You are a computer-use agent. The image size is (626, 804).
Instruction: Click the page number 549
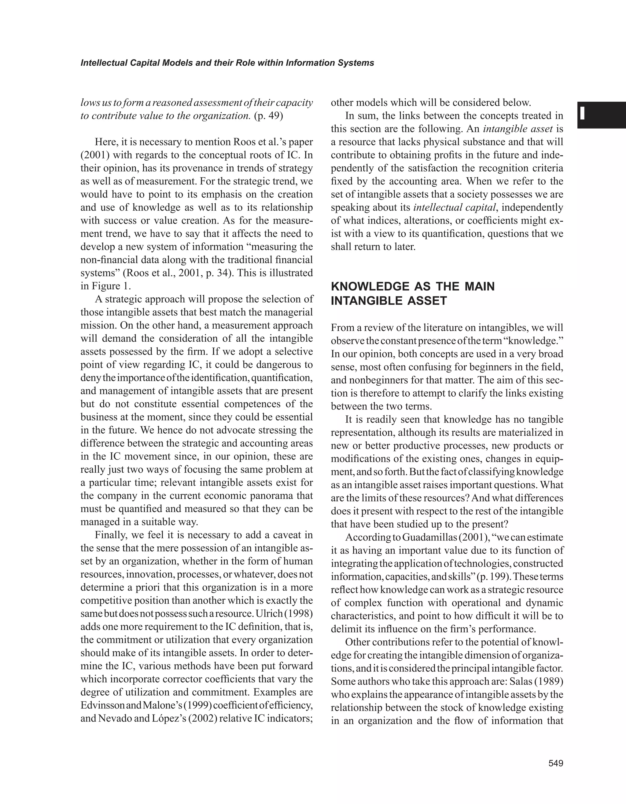tap(556, 763)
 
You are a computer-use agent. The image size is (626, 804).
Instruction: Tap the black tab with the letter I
tap(601, 115)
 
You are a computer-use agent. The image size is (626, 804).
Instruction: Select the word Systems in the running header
tap(357, 63)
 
